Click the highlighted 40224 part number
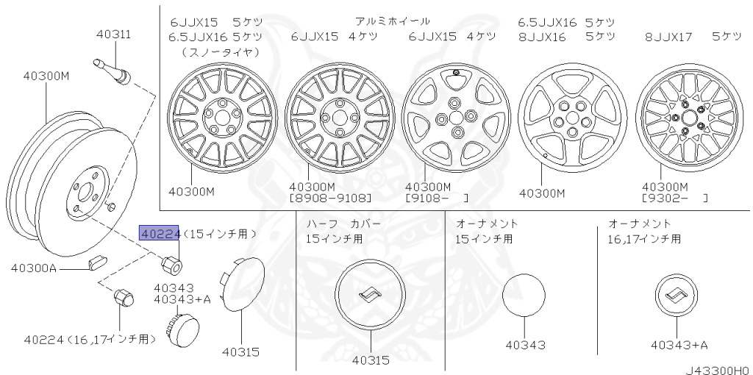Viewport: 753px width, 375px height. click(x=159, y=233)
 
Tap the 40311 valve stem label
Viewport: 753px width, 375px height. click(x=113, y=35)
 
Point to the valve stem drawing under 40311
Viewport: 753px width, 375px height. click(x=112, y=70)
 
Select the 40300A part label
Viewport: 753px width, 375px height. click(x=34, y=268)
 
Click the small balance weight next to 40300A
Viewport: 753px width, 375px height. click(x=99, y=262)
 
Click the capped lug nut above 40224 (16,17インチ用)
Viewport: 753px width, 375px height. click(x=123, y=296)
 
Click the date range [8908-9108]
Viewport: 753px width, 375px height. click(x=330, y=198)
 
